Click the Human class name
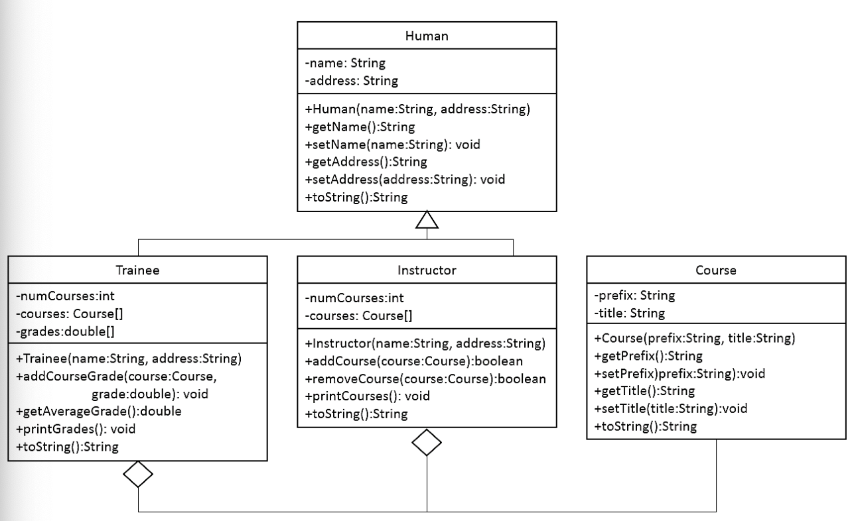[x=427, y=36]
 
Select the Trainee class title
[x=137, y=270]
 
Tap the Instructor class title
[x=426, y=270]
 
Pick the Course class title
[x=715, y=270]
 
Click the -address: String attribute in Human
[x=351, y=81]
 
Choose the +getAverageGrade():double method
[x=98, y=411]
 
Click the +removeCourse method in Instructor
[x=425, y=378]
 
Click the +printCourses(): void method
[x=367, y=396]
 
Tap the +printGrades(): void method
[x=75, y=428]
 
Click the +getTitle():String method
[x=644, y=390]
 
